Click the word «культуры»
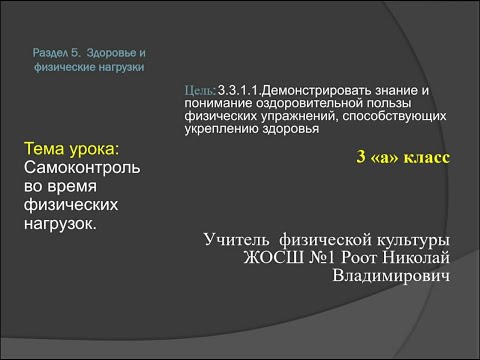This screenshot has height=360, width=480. coord(407,240)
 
